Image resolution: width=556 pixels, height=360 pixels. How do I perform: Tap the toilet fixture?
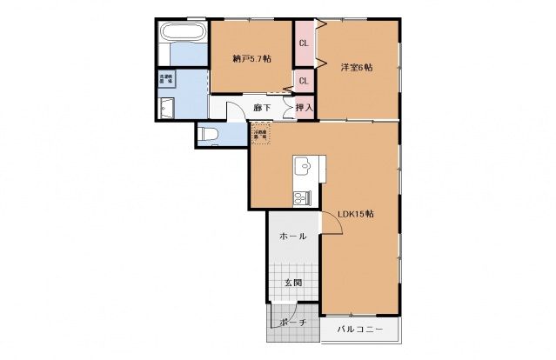click(x=207, y=135)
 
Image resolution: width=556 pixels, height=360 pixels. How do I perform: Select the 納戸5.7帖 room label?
click(x=251, y=59)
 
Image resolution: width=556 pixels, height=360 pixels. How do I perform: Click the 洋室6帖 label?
click(x=356, y=67)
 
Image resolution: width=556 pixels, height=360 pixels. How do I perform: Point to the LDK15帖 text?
click(x=357, y=214)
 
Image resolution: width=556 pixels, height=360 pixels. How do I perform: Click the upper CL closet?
click(x=304, y=43)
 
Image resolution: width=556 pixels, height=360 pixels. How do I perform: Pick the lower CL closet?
click(x=304, y=82)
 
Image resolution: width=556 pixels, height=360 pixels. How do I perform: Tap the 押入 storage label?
click(x=304, y=108)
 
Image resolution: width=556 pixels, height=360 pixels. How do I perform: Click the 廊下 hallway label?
click(x=262, y=108)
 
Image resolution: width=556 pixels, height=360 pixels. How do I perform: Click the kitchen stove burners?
click(x=301, y=197)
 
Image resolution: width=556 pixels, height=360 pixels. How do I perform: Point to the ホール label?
click(x=291, y=237)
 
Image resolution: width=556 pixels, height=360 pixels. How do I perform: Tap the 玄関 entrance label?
click(x=291, y=283)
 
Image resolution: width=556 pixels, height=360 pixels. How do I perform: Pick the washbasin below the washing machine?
click(x=167, y=108)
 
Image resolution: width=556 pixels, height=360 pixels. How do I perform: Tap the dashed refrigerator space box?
click(x=261, y=132)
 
